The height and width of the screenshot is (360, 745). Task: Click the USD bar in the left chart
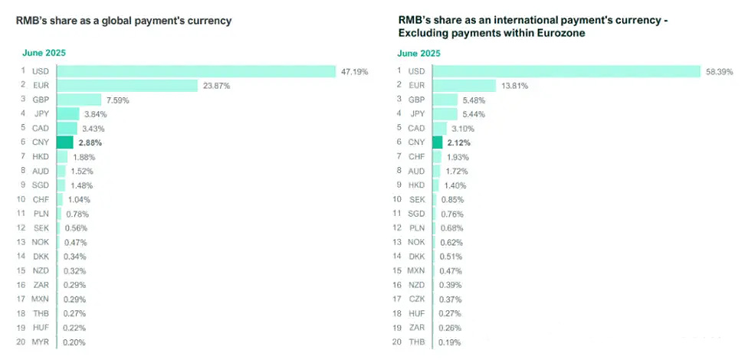pos(196,71)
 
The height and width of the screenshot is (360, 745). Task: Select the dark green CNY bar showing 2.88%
pos(65,142)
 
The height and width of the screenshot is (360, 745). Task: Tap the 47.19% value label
pos(354,71)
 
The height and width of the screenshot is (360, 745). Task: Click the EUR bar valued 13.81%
pos(464,86)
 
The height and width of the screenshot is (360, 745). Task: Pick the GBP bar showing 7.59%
pos(79,100)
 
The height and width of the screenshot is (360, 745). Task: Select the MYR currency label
pos(40,342)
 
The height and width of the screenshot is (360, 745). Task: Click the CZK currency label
pos(417,299)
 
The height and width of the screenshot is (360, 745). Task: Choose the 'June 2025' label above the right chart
pos(418,53)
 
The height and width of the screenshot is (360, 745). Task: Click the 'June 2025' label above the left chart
pos(43,53)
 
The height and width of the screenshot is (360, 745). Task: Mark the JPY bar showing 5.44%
pos(445,114)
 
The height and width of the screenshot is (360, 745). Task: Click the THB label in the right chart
pos(417,342)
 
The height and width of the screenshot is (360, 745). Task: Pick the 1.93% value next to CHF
pos(459,156)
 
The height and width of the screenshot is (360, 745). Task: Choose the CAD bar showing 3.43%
pos(67,128)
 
